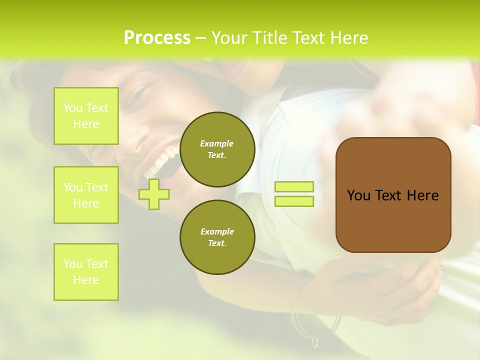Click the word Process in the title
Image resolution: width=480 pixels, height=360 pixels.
[157, 38]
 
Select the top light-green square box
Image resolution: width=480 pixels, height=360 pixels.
[86, 116]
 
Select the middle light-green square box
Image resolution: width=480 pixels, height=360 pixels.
[86, 195]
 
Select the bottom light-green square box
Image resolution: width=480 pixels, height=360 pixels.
[86, 272]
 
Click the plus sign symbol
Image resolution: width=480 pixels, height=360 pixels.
[154, 194]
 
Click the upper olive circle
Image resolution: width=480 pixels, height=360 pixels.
[217, 149]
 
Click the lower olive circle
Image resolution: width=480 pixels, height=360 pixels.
[217, 237]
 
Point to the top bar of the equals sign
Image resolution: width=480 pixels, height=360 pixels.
[294, 187]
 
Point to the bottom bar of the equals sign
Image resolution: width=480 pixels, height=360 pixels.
[294, 201]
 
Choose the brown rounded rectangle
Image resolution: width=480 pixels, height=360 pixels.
[393, 195]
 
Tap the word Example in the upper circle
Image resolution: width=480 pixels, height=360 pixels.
[216, 143]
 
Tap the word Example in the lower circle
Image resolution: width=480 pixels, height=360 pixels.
[217, 231]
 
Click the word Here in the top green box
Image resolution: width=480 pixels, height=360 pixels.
[86, 124]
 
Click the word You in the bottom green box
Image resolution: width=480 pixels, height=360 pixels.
[73, 264]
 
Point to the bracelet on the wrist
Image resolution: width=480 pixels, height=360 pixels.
[300, 310]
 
